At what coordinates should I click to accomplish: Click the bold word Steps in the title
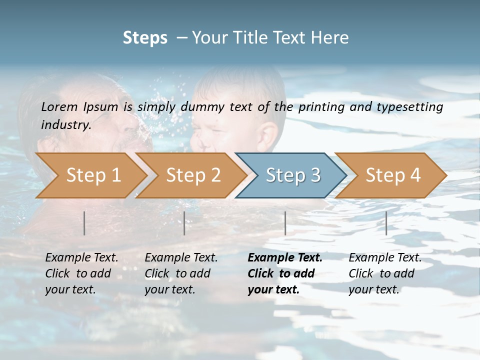145,38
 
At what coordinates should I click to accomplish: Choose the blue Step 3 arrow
293,175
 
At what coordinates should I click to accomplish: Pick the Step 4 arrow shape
393,175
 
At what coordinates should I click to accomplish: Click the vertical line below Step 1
84,223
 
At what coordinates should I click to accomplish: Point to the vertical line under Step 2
184,223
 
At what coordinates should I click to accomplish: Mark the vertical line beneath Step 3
285,223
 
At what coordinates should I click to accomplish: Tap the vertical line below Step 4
386,223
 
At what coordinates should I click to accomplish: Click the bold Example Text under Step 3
284,273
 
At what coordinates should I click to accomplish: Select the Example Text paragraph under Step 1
81,273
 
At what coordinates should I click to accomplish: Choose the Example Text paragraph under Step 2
181,273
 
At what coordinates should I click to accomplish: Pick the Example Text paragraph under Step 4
385,273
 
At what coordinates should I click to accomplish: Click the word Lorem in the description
59,106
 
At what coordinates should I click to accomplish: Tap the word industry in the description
65,124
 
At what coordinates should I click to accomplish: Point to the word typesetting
409,106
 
